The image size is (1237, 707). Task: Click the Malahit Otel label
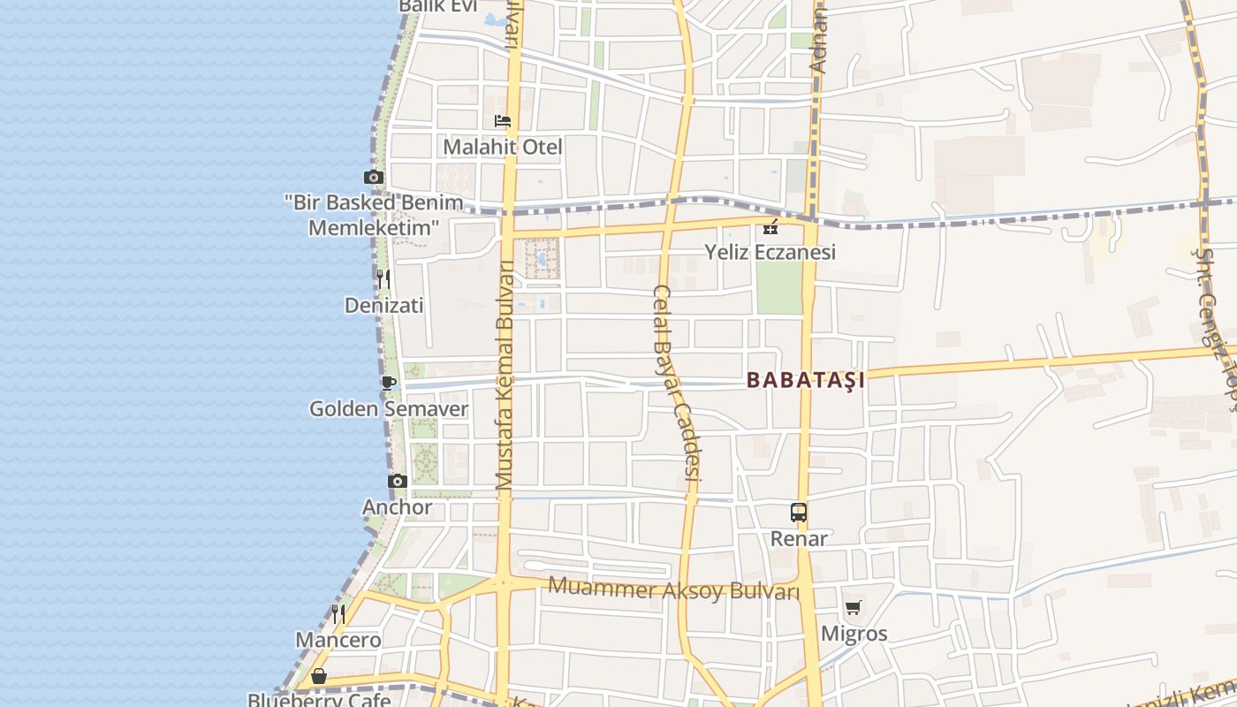click(x=502, y=147)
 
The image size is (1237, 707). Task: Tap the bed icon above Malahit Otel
click(x=503, y=120)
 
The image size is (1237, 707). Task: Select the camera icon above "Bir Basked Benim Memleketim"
click(x=374, y=177)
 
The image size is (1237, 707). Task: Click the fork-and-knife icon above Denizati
click(x=383, y=279)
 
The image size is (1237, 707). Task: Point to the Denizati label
click(x=383, y=306)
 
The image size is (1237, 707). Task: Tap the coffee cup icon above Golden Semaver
click(x=388, y=383)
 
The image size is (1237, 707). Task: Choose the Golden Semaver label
click(x=388, y=409)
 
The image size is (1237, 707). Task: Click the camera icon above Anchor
click(x=398, y=482)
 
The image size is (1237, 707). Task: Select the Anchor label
click(x=398, y=507)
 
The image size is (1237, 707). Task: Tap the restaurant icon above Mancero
click(x=338, y=613)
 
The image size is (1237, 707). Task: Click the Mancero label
click(x=338, y=640)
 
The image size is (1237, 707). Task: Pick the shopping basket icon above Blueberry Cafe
click(x=319, y=676)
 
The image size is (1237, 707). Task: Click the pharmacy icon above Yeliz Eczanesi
click(x=770, y=227)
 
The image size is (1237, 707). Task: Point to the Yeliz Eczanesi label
click(x=770, y=253)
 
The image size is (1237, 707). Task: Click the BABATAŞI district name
click(x=806, y=380)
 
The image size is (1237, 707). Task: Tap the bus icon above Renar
click(x=799, y=513)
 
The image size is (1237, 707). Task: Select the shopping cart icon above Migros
click(x=854, y=608)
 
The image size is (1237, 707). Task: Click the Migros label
click(x=854, y=634)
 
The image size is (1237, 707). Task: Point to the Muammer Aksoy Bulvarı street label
click(x=673, y=589)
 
